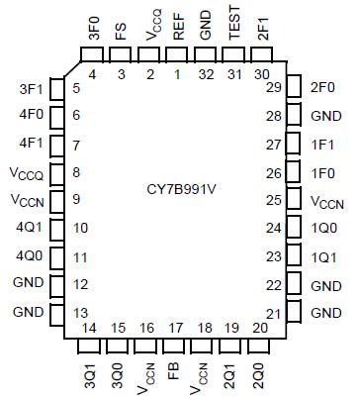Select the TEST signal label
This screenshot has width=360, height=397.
(x=234, y=30)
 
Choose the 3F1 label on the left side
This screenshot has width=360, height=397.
(x=30, y=88)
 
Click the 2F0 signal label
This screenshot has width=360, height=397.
(x=325, y=88)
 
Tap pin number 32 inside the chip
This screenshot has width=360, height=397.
(x=206, y=73)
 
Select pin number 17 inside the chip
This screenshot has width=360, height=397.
(x=176, y=328)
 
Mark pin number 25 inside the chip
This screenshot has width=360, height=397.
(x=271, y=201)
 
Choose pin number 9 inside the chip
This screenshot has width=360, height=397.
(x=76, y=201)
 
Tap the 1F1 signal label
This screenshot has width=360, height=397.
(x=325, y=145)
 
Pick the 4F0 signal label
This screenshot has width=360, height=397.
(x=30, y=116)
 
